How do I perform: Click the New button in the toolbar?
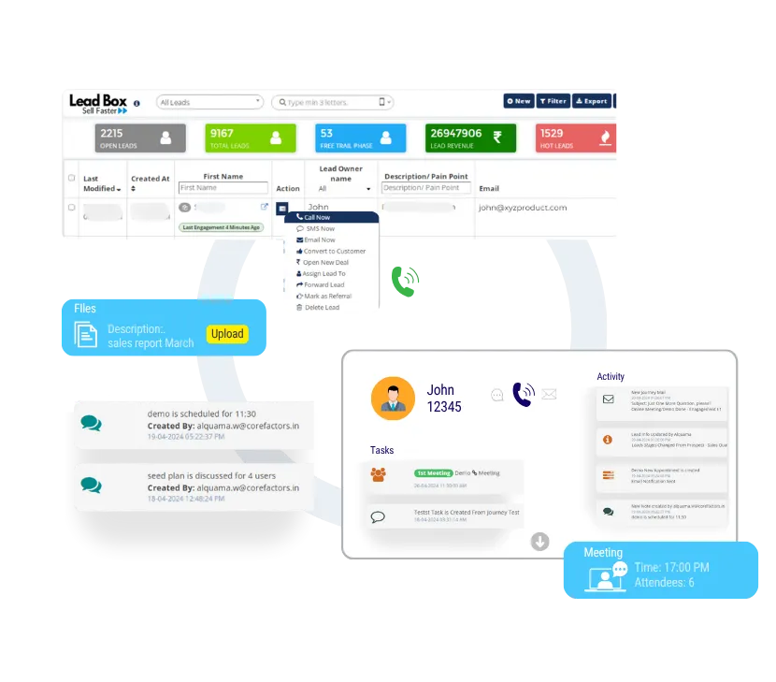[x=518, y=101]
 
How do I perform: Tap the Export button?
[x=591, y=101]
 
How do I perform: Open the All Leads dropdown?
[x=209, y=102]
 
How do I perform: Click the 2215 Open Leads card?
[x=137, y=138]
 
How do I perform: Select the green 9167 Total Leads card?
[x=248, y=138]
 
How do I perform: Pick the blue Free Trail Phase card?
[x=360, y=138]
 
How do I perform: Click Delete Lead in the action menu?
[x=322, y=307]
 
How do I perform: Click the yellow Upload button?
[x=227, y=334]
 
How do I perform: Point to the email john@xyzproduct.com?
[x=523, y=208]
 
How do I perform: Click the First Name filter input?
[x=223, y=188]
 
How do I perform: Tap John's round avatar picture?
[x=393, y=398]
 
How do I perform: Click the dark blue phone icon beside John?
[x=523, y=395]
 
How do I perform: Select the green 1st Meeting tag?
[x=434, y=473]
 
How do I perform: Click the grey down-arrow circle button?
[x=539, y=542]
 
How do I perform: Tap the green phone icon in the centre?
[x=406, y=281]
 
